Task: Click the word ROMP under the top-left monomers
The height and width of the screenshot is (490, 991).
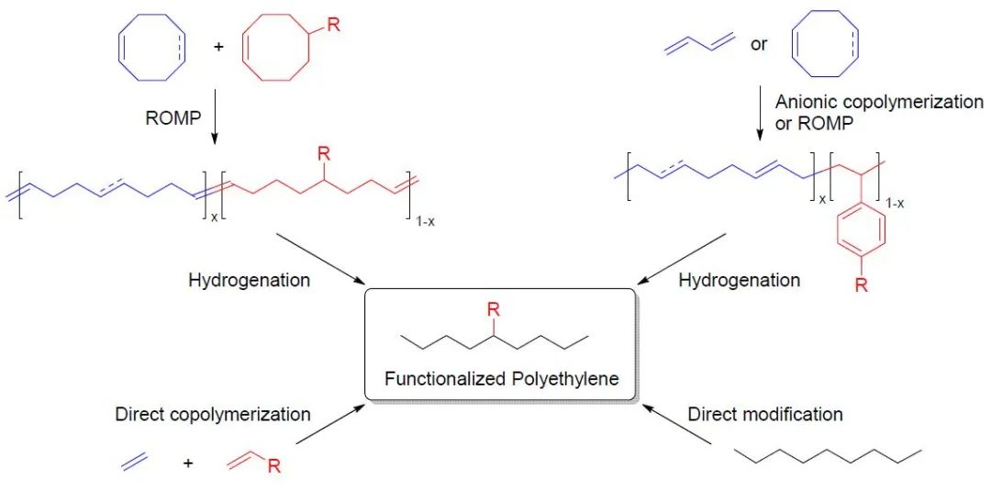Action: pyautogui.click(x=173, y=117)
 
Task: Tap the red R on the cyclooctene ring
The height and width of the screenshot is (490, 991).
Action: pyautogui.click(x=333, y=25)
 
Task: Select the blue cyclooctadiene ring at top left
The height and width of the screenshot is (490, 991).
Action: pyautogui.click(x=152, y=46)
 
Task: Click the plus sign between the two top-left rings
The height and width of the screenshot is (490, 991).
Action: pyautogui.click(x=218, y=46)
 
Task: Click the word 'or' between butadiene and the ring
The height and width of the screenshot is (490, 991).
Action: pyautogui.click(x=759, y=43)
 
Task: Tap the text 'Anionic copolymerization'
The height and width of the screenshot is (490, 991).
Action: pyautogui.click(x=879, y=102)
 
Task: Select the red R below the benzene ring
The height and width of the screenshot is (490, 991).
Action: pyautogui.click(x=861, y=285)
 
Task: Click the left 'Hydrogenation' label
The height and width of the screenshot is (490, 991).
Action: pyautogui.click(x=249, y=280)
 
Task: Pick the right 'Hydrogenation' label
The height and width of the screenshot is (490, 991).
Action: pyautogui.click(x=739, y=280)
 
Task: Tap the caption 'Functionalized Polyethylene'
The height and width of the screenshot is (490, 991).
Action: pyautogui.click(x=502, y=378)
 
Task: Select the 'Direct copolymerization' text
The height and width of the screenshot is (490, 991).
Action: pyautogui.click(x=213, y=414)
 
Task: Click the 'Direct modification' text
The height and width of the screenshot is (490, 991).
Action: pyautogui.click(x=765, y=414)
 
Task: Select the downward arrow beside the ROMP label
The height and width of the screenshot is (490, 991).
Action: pyautogui.click(x=213, y=119)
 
